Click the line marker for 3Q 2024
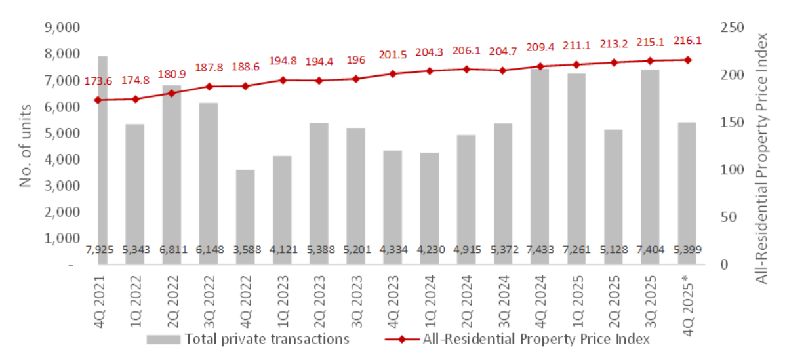(503, 70)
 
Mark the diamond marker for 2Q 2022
(171, 93)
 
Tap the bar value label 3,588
(245, 250)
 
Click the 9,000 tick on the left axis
(60, 28)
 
